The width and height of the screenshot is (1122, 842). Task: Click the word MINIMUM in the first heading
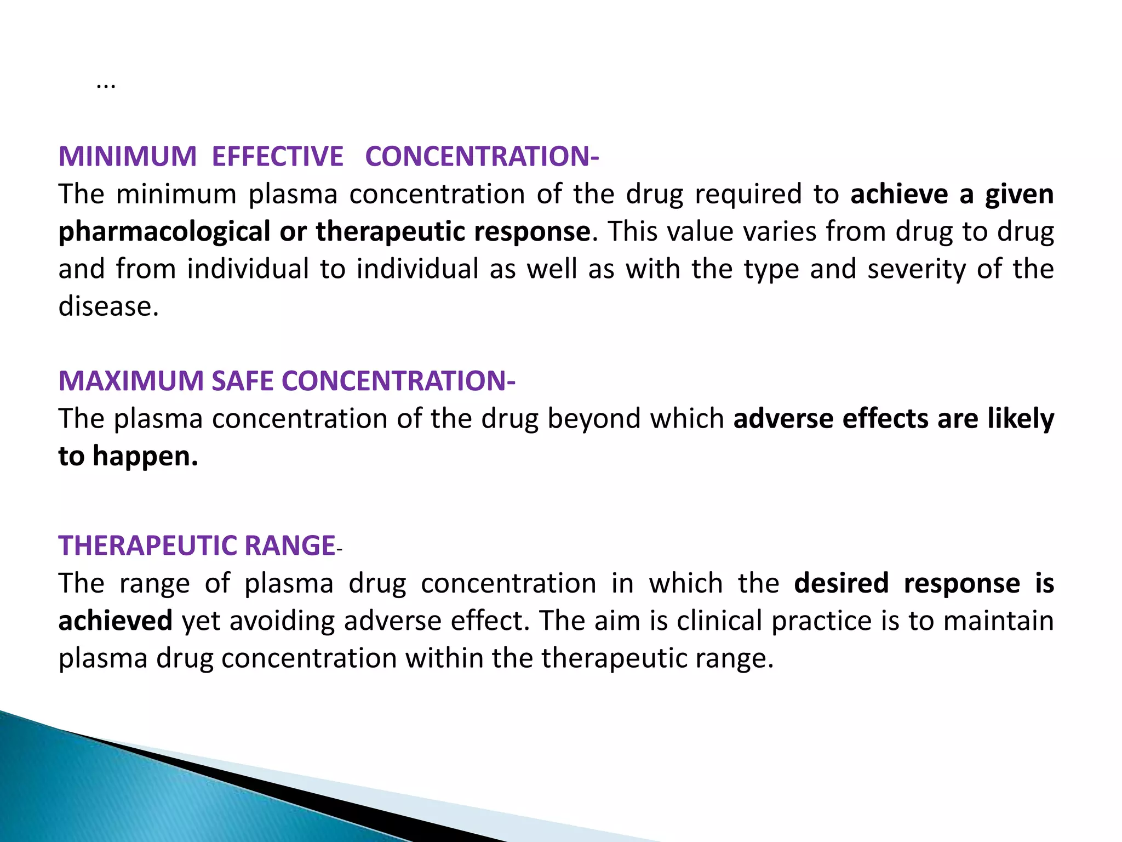click(x=127, y=156)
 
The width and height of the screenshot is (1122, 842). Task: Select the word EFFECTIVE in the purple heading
click(x=277, y=156)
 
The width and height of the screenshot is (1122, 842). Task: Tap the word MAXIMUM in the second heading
click(x=131, y=381)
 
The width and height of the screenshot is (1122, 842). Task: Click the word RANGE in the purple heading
click(x=290, y=546)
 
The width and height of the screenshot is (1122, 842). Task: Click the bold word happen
click(x=145, y=456)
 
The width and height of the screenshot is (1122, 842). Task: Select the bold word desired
click(x=841, y=583)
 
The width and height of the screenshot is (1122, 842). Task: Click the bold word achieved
click(x=116, y=621)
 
